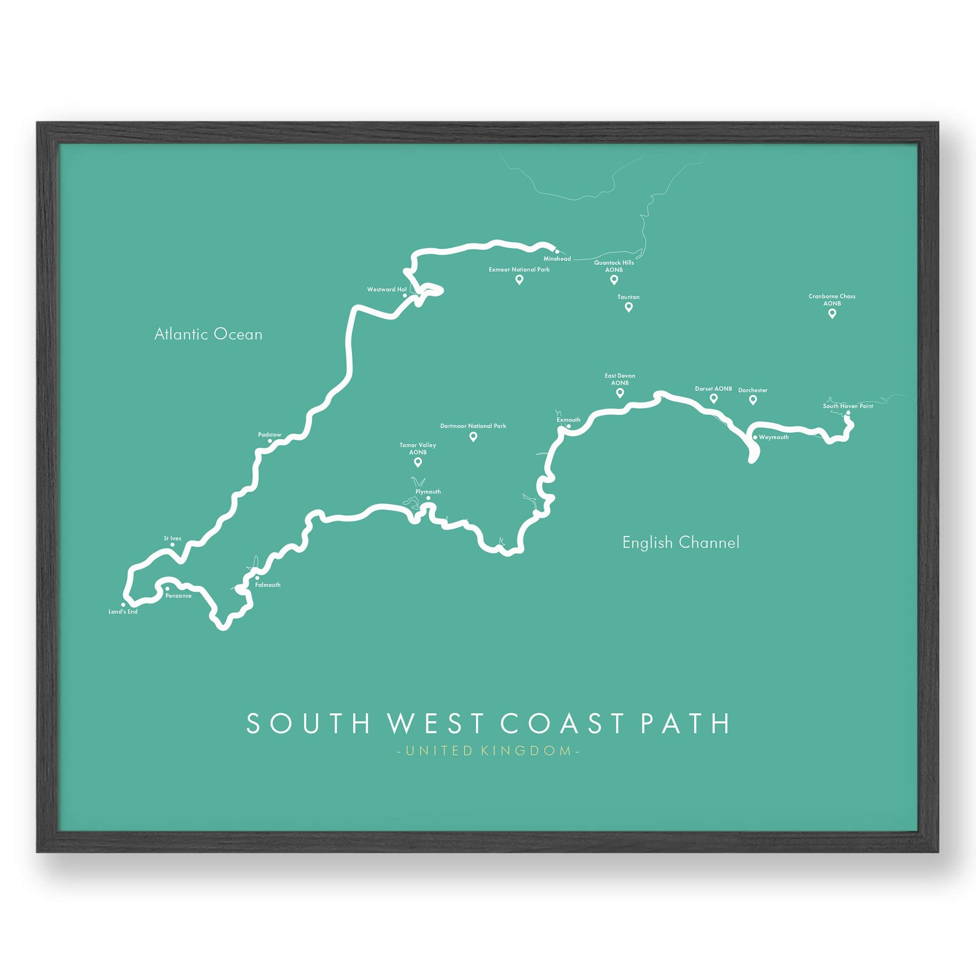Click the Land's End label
tap(123, 612)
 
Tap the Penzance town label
tap(178, 596)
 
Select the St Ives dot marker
tap(172, 544)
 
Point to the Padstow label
tap(269, 434)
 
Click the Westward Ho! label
tap(386, 290)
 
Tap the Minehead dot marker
tap(557, 251)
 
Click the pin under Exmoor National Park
tap(519, 280)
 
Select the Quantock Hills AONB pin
tap(614, 280)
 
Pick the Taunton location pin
tap(628, 307)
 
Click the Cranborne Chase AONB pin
tap(832, 313)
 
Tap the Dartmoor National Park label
tap(473, 426)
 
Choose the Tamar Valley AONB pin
tap(418, 462)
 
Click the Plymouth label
tap(428, 492)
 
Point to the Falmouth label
tap(268, 585)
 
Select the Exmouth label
tap(568, 420)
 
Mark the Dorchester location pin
tap(753, 400)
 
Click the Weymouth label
tap(773, 437)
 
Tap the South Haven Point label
tap(848, 406)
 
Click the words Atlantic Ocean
tap(208, 334)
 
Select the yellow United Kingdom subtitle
tap(488, 750)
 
